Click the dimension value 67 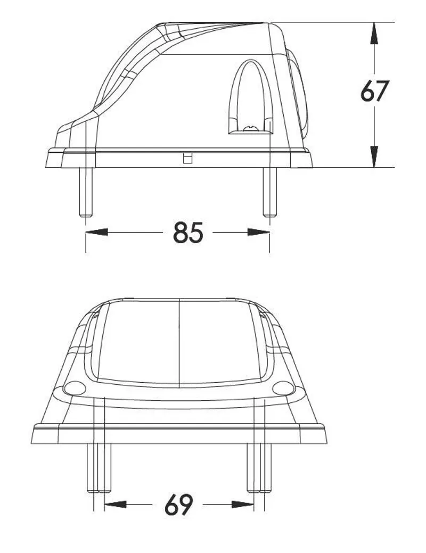[375, 91]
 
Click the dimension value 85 [188, 233]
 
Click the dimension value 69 [179, 505]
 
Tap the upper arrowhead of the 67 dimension [374, 33]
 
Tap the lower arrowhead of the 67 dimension [374, 156]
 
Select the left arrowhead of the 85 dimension [97, 232]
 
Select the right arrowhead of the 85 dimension [258, 232]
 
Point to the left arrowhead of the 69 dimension [116, 505]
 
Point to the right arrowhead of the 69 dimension [243, 505]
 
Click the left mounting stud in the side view [86, 192]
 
